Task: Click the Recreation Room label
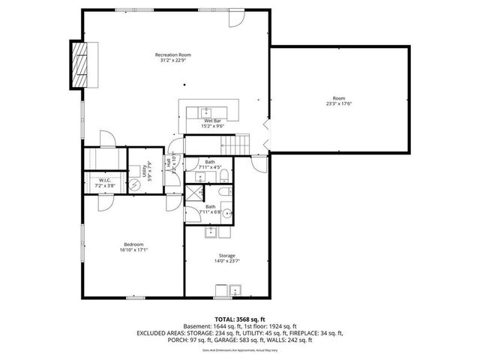click(x=173, y=55)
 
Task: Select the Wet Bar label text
click(x=213, y=121)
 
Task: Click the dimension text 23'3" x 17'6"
click(x=339, y=103)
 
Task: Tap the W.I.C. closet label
click(x=104, y=181)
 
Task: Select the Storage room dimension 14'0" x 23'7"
click(x=226, y=261)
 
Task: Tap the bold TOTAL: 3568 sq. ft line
click(x=239, y=319)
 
